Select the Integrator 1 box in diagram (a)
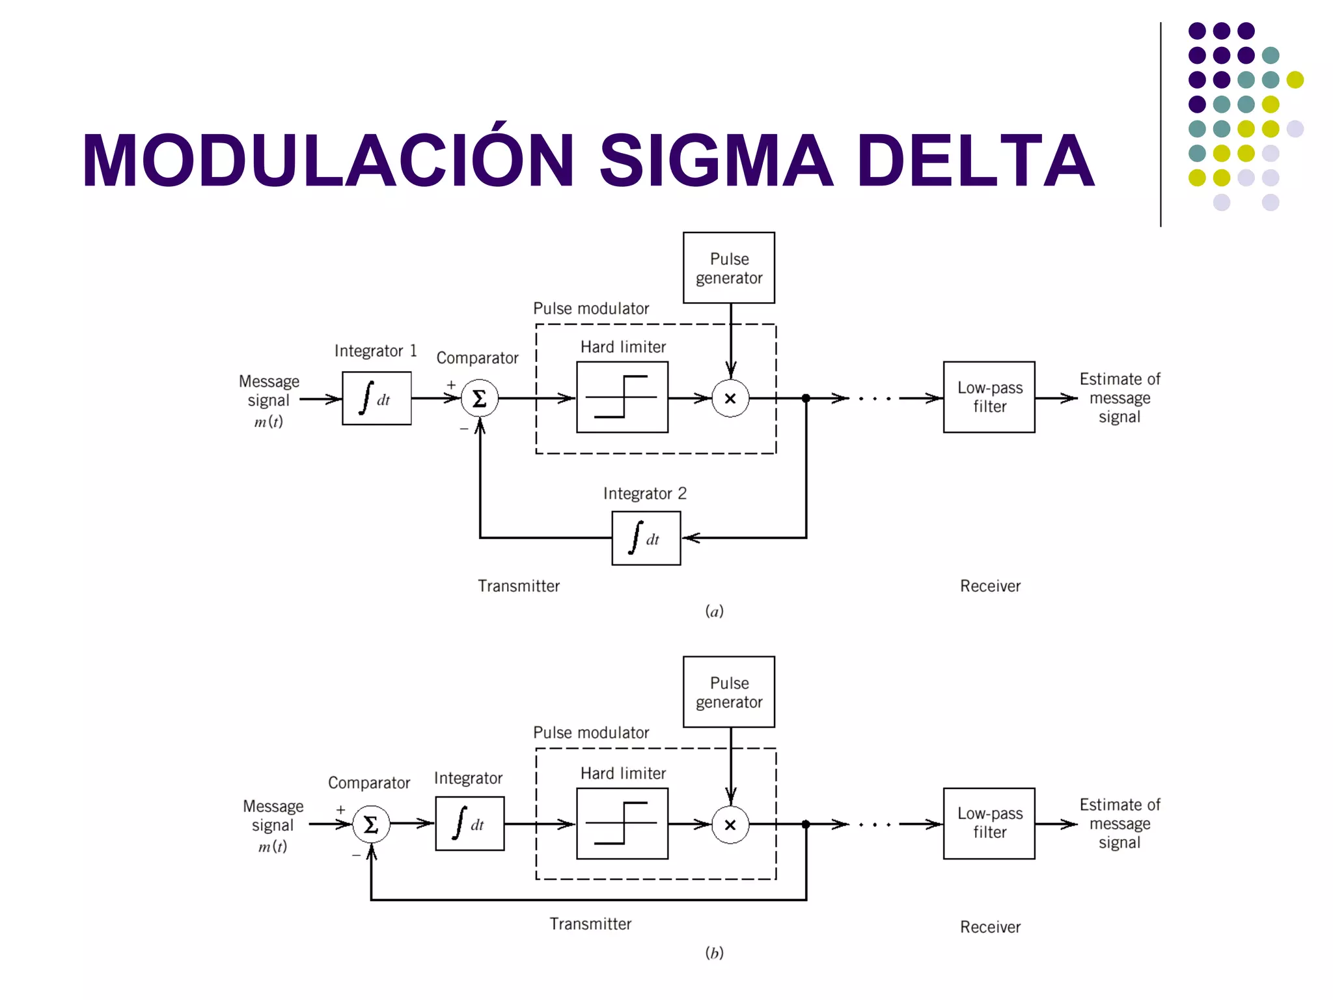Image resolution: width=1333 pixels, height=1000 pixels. pos(376,398)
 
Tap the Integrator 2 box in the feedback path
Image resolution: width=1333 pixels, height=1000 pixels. pos(646,538)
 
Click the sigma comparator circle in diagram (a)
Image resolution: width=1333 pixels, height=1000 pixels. pos(480,398)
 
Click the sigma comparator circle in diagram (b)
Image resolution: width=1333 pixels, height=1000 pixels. pos(371,824)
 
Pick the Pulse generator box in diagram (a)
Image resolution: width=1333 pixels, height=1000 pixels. pos(729,268)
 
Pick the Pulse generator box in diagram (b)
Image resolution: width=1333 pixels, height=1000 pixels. pos(729,691)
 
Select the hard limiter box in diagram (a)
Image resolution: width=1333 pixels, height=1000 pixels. pos(622,397)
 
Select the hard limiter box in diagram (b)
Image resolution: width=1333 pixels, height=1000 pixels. pos(622,824)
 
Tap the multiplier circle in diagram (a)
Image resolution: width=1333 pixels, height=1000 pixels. pos(730,398)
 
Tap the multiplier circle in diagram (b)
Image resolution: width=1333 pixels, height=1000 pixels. pos(730,825)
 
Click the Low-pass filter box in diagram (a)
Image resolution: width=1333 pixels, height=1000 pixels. pos(989,397)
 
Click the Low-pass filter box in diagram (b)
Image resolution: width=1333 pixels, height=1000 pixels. pos(989,824)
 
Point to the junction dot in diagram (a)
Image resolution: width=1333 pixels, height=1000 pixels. pos(806,398)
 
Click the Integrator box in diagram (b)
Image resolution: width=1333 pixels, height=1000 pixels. pos(470,824)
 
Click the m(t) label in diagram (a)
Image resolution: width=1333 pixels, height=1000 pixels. pos(268,422)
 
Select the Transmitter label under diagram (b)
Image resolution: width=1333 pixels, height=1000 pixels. pos(590,924)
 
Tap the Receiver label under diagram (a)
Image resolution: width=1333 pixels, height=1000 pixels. pos(990,586)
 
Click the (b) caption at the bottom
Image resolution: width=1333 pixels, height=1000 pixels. pos(714,953)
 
